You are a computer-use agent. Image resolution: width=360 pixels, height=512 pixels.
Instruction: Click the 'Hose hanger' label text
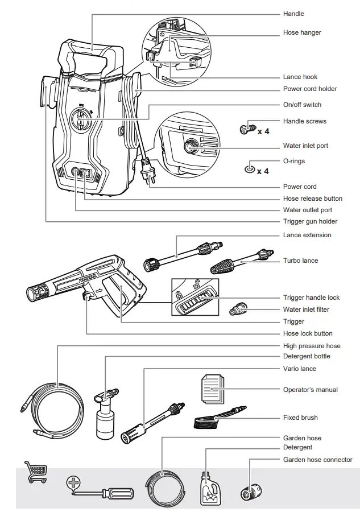click(301, 32)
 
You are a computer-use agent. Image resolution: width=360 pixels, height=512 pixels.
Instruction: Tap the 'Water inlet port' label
click(305, 146)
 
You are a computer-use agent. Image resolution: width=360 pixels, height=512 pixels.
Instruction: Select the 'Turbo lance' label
click(300, 261)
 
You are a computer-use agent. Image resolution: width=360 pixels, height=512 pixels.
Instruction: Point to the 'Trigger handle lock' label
click(311, 298)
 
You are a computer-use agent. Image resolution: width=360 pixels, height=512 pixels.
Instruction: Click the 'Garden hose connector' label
click(317, 460)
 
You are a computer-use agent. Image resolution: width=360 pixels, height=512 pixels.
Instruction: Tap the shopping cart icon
click(35, 472)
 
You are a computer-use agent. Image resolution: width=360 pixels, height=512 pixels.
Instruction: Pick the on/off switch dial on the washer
click(81, 119)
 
